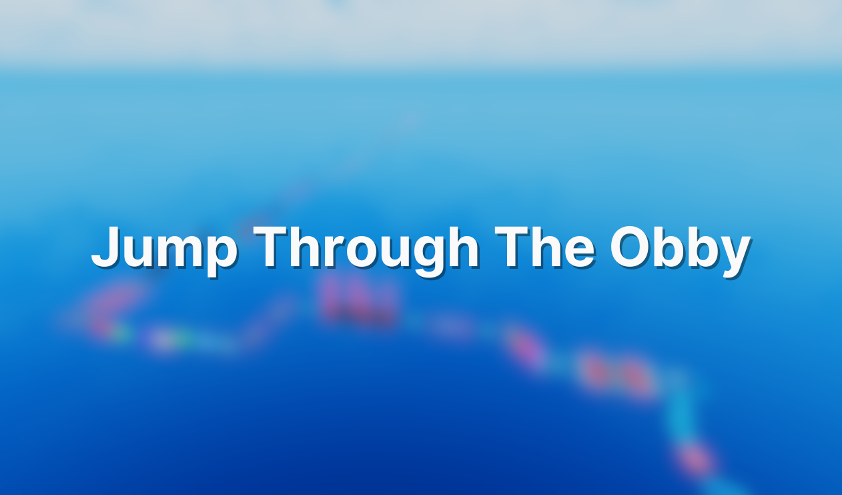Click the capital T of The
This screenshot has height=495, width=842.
[512, 245]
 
